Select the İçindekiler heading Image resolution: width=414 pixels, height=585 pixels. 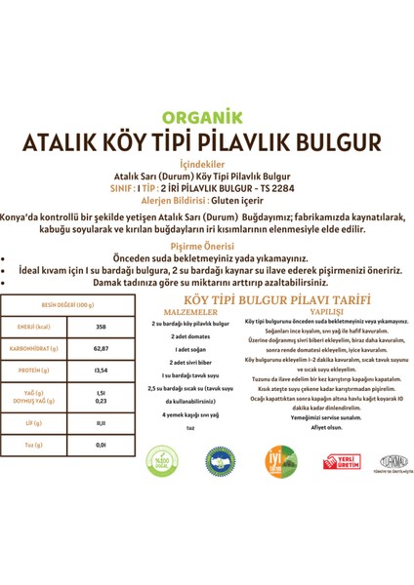pos(206,166)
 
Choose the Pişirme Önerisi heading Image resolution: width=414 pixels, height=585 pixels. pos(206,248)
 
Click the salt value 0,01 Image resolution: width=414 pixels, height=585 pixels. pos(101,445)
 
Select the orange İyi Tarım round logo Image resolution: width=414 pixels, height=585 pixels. pos(281,459)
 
